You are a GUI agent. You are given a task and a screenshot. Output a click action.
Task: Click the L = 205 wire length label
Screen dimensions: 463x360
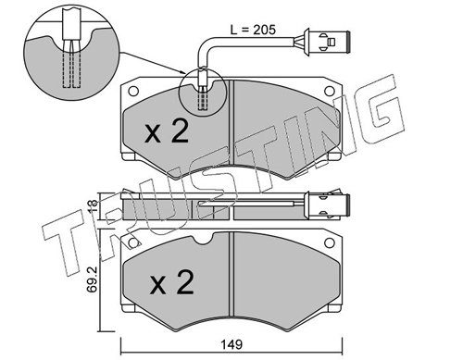click(x=253, y=30)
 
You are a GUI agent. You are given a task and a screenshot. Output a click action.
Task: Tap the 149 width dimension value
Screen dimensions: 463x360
click(x=231, y=344)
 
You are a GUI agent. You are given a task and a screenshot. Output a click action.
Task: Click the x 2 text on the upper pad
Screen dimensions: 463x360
click(x=167, y=131)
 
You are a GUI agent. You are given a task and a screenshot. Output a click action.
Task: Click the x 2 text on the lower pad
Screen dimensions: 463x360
click(x=172, y=282)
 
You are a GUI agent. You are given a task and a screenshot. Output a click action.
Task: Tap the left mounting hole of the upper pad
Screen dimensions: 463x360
click(x=133, y=92)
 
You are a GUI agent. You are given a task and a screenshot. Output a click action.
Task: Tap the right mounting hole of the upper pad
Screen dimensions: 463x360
click(x=330, y=91)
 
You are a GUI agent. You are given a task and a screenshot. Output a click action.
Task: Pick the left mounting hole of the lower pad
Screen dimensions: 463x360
click(x=133, y=243)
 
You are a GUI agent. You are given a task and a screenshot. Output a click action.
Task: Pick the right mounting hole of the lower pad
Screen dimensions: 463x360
click(x=330, y=243)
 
